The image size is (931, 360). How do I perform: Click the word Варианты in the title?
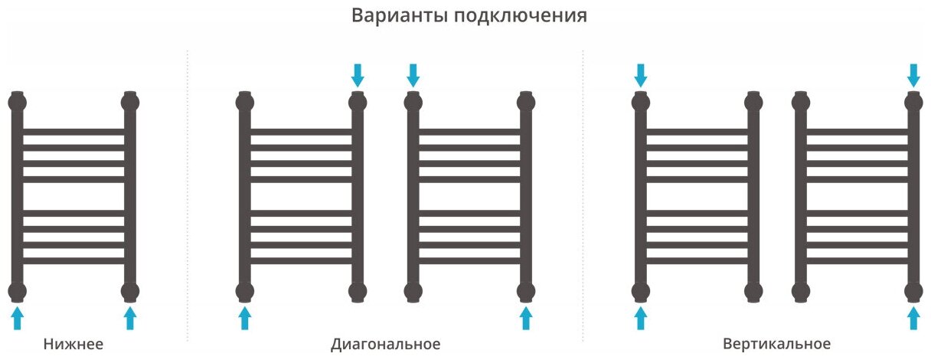click(390, 15)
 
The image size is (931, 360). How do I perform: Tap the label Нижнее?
click(73, 344)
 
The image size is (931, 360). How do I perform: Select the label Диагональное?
click(387, 344)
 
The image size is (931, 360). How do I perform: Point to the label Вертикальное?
click(776, 344)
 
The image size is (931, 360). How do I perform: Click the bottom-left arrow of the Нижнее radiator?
click(17, 318)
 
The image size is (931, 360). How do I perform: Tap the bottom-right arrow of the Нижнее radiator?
click(130, 318)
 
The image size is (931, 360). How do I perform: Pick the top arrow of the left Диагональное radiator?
click(357, 75)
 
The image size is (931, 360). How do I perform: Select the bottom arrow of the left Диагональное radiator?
click(244, 318)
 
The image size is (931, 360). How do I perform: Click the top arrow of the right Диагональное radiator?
click(413, 75)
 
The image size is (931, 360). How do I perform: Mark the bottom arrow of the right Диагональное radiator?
click(525, 318)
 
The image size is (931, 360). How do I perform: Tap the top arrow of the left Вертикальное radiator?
click(641, 75)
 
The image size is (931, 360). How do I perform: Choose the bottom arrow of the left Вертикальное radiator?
click(641, 318)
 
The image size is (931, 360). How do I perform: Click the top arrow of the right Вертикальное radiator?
click(913, 75)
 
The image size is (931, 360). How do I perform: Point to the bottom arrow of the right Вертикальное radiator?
click(913, 318)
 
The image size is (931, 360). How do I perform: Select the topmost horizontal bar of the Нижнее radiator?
click(73, 132)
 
